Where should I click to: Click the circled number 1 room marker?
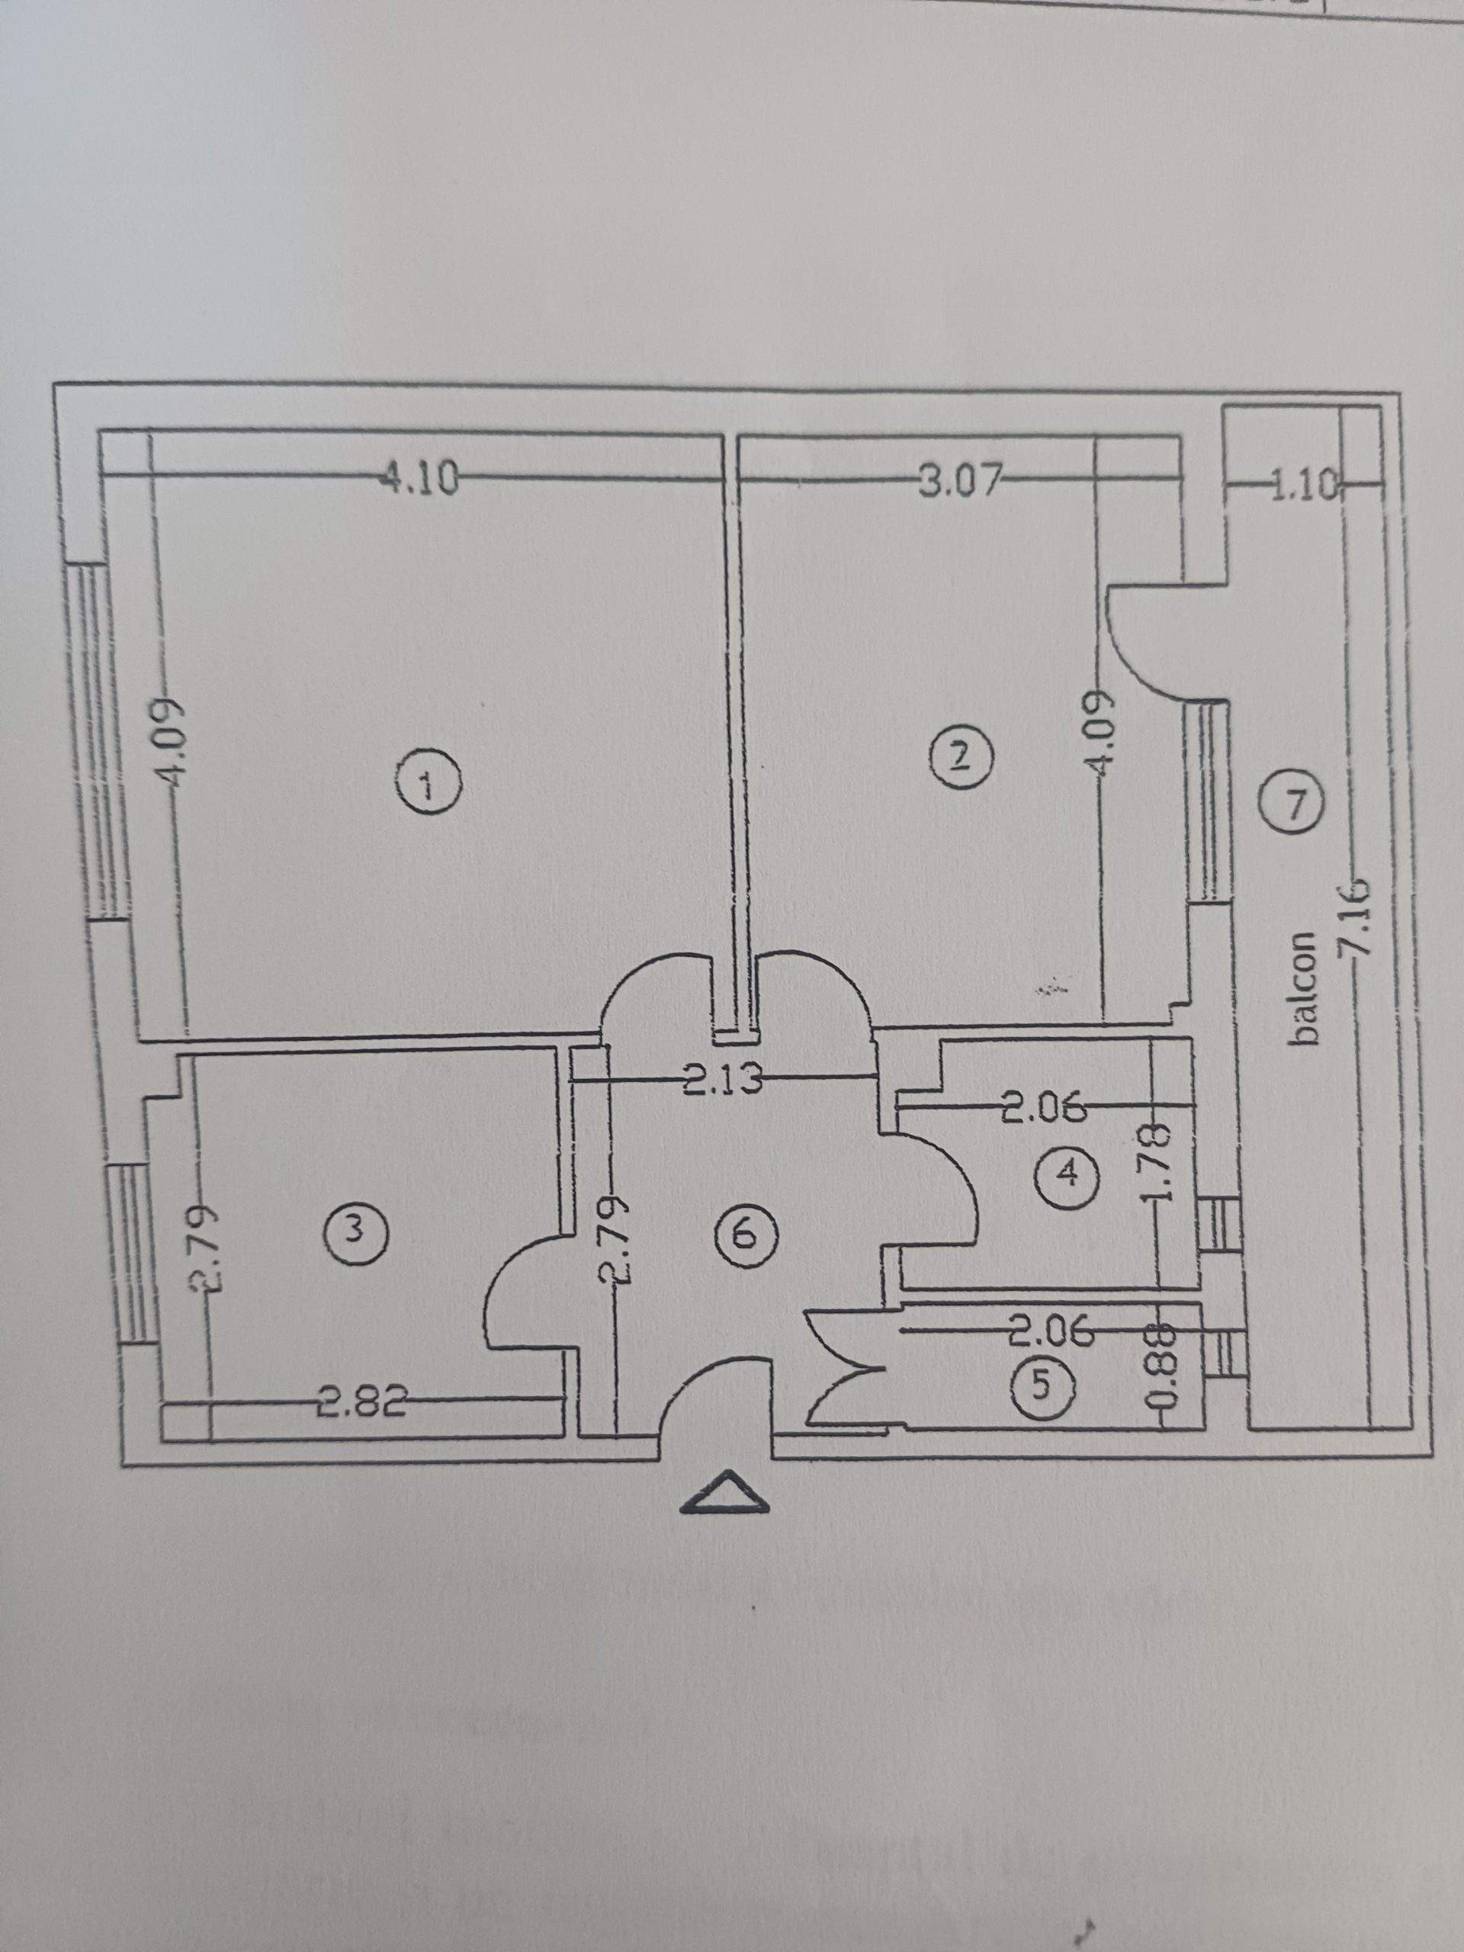point(428,785)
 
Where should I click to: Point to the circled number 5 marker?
point(1043,1385)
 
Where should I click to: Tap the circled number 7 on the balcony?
point(1292,803)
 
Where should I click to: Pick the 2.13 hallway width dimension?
point(722,1081)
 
